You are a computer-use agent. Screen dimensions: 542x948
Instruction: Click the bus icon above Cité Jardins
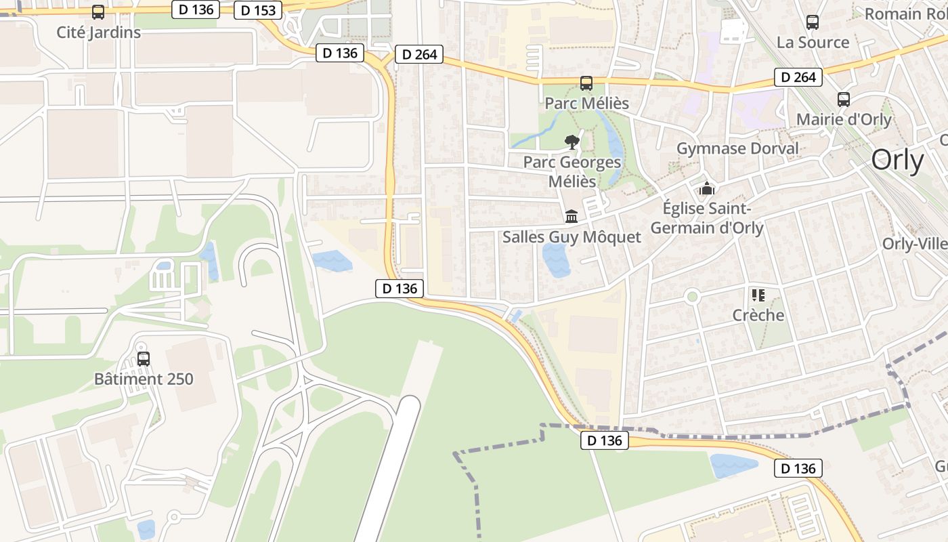[98, 12]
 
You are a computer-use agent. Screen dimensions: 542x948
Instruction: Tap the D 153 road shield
[258, 10]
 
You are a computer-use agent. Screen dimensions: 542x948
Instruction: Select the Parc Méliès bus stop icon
[586, 83]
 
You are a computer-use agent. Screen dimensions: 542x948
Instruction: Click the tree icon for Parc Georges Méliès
[572, 142]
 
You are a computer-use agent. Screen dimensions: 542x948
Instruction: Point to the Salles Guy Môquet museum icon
[572, 216]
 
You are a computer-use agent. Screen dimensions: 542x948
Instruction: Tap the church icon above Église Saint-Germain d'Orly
[707, 188]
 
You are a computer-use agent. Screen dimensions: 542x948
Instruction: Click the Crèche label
[758, 315]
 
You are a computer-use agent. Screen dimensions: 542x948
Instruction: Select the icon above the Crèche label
[758, 295]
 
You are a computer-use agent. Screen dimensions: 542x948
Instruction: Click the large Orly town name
[897, 161]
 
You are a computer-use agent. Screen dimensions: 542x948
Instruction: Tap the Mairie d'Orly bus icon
[844, 100]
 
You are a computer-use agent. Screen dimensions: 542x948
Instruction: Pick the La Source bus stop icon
[813, 22]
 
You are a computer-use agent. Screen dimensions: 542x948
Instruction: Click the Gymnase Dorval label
[737, 148]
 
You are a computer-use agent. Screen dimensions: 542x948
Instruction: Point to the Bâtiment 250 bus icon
[144, 359]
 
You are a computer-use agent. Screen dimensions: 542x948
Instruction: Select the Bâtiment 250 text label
[144, 379]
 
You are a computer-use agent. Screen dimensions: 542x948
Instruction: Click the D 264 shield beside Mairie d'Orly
[798, 77]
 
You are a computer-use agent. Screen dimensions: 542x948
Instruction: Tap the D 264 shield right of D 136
[419, 54]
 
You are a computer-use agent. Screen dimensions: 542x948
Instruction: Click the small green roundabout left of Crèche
[692, 296]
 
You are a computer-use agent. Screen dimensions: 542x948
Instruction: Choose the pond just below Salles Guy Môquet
[556, 260]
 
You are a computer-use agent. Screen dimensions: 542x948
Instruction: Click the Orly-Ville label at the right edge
[914, 244]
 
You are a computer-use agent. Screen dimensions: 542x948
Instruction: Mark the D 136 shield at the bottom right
[798, 468]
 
